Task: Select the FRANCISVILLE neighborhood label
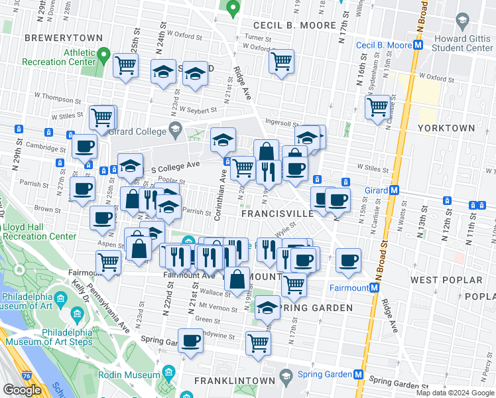pos(277,214)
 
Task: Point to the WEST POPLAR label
pos(442,280)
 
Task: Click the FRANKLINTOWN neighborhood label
pos(234,381)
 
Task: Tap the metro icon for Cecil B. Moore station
pos(418,45)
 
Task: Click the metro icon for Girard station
pos(394,190)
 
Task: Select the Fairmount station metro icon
pos(375,288)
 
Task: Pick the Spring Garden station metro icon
pos(359,374)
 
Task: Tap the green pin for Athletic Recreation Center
pos(103,53)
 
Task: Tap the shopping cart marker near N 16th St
pos(377,106)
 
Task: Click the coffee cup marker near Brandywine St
pos(192,341)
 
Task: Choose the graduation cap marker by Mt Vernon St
pos(267,308)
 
